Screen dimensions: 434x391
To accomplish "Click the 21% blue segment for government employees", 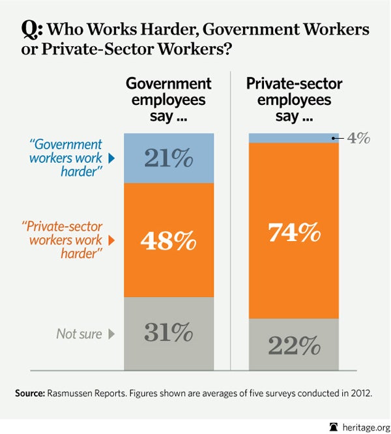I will point(169,158).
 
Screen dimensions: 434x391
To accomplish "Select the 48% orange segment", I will point(169,240).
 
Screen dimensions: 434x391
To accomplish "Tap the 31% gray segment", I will point(169,333).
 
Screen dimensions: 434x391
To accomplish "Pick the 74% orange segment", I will point(294,231).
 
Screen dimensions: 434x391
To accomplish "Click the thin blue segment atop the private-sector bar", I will point(294,137).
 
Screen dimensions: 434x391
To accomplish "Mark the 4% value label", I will point(358,138).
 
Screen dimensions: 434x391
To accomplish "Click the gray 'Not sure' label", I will point(79,334).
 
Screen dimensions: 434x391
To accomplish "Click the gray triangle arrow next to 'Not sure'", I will point(111,334).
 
